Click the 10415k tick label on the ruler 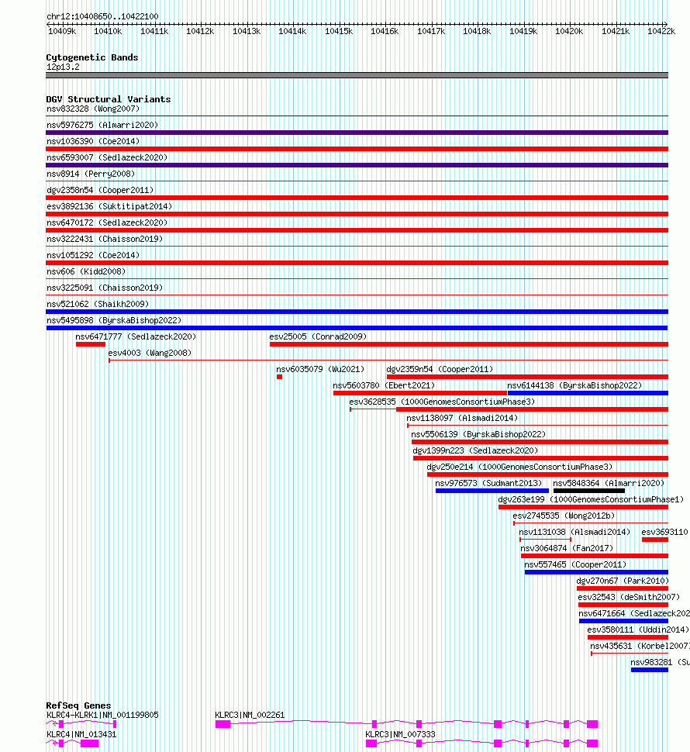339,31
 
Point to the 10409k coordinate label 62,31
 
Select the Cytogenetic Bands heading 92,57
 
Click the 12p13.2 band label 63,67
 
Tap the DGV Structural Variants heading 109,99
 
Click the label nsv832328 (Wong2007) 93,109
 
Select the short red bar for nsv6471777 91,344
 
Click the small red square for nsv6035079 280,377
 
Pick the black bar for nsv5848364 589,491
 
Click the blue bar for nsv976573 492,491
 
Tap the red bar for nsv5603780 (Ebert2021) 420,393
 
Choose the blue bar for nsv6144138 588,393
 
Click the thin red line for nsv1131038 545,540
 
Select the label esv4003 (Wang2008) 150,353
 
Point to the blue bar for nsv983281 650,670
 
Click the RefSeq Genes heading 78,705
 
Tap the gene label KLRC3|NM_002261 250,715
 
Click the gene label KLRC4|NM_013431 81,735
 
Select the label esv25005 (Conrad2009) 318,336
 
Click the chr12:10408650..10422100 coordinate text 102,16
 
